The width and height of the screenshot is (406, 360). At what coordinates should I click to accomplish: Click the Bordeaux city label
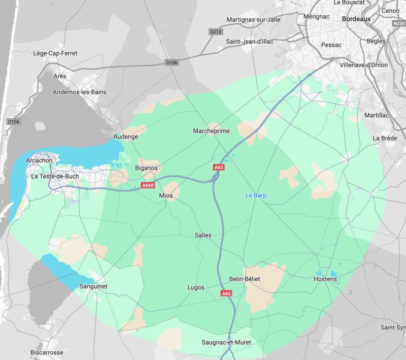tap(357, 19)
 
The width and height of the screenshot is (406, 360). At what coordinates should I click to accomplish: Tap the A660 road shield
tap(148, 186)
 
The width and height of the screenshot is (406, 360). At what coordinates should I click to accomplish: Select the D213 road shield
tap(215, 32)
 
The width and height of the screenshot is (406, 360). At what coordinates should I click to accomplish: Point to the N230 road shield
tap(399, 23)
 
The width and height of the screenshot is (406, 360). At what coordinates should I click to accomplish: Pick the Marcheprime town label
tap(212, 131)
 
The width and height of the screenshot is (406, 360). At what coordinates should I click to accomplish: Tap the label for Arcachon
tap(39, 160)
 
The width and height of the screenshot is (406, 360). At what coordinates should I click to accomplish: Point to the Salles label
tap(203, 235)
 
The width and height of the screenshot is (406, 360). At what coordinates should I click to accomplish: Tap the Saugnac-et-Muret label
tap(226, 343)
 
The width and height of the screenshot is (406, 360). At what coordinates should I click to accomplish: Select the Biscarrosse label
tap(47, 352)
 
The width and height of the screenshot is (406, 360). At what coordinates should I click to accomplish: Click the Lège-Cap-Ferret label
tap(54, 53)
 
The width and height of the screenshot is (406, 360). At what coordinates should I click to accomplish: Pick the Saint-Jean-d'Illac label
tap(250, 42)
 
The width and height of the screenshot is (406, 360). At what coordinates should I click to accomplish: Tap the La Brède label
tap(384, 138)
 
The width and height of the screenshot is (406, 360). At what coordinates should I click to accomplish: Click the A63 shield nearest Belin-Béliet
tap(227, 293)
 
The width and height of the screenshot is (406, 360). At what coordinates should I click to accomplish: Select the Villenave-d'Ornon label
tap(363, 65)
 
